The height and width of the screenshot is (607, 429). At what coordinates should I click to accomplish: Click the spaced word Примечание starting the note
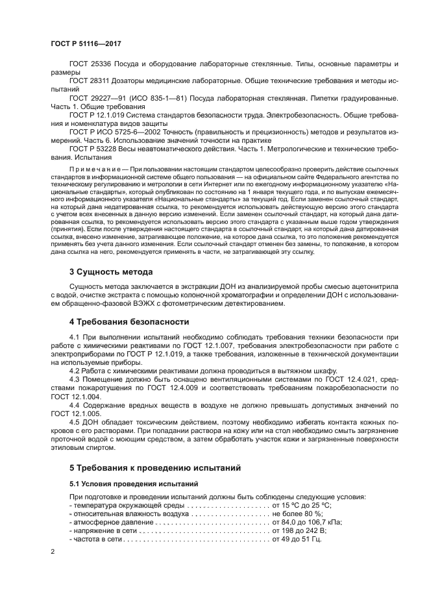tap(97, 167)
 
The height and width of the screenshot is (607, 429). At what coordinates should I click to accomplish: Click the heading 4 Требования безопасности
tap(129, 321)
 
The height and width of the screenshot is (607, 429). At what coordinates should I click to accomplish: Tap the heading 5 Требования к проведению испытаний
tap(155, 467)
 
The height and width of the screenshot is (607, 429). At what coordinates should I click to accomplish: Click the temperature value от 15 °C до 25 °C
tap(302, 505)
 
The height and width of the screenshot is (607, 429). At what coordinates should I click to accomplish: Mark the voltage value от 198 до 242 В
tap(299, 530)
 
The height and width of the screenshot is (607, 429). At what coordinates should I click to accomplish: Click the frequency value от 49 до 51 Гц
tap(297, 539)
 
